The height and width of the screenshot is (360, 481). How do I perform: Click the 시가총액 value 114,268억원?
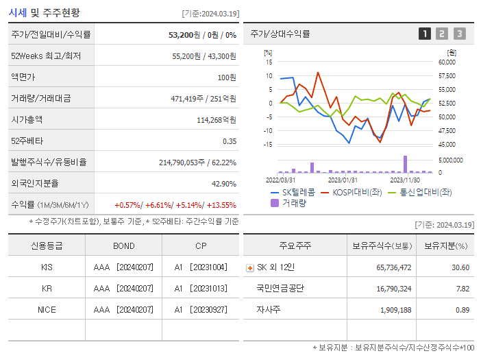216,119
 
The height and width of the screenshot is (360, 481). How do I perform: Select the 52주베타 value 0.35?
229,141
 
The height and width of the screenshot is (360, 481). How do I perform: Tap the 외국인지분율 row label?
35,183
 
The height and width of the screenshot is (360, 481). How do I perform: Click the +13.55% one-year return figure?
221,205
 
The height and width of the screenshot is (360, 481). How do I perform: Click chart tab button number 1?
425,34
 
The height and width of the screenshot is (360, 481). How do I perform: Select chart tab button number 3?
459,34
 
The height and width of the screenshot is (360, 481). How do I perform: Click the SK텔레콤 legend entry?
293,192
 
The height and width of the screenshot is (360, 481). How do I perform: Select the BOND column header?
124,245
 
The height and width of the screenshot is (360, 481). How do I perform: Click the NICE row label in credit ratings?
47,309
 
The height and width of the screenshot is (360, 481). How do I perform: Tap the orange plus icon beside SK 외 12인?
250,267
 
